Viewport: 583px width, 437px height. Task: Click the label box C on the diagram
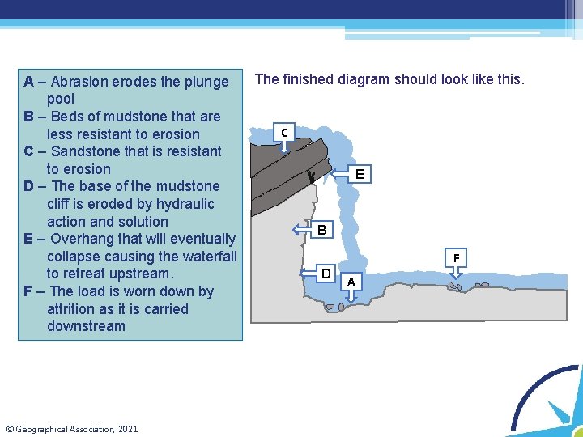point(284,132)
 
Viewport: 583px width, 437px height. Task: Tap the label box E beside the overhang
point(360,174)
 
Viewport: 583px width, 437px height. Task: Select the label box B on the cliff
point(322,229)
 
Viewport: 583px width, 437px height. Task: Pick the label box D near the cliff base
point(326,274)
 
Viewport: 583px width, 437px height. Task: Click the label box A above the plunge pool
point(351,282)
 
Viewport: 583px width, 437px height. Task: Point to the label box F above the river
point(456,258)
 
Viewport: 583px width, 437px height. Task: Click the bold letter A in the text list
point(28,82)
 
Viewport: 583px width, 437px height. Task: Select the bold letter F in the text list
point(28,291)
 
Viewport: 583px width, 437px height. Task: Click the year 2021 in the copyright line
point(128,429)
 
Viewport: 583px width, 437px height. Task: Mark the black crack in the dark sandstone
point(312,177)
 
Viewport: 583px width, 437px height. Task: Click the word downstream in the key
point(86,326)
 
